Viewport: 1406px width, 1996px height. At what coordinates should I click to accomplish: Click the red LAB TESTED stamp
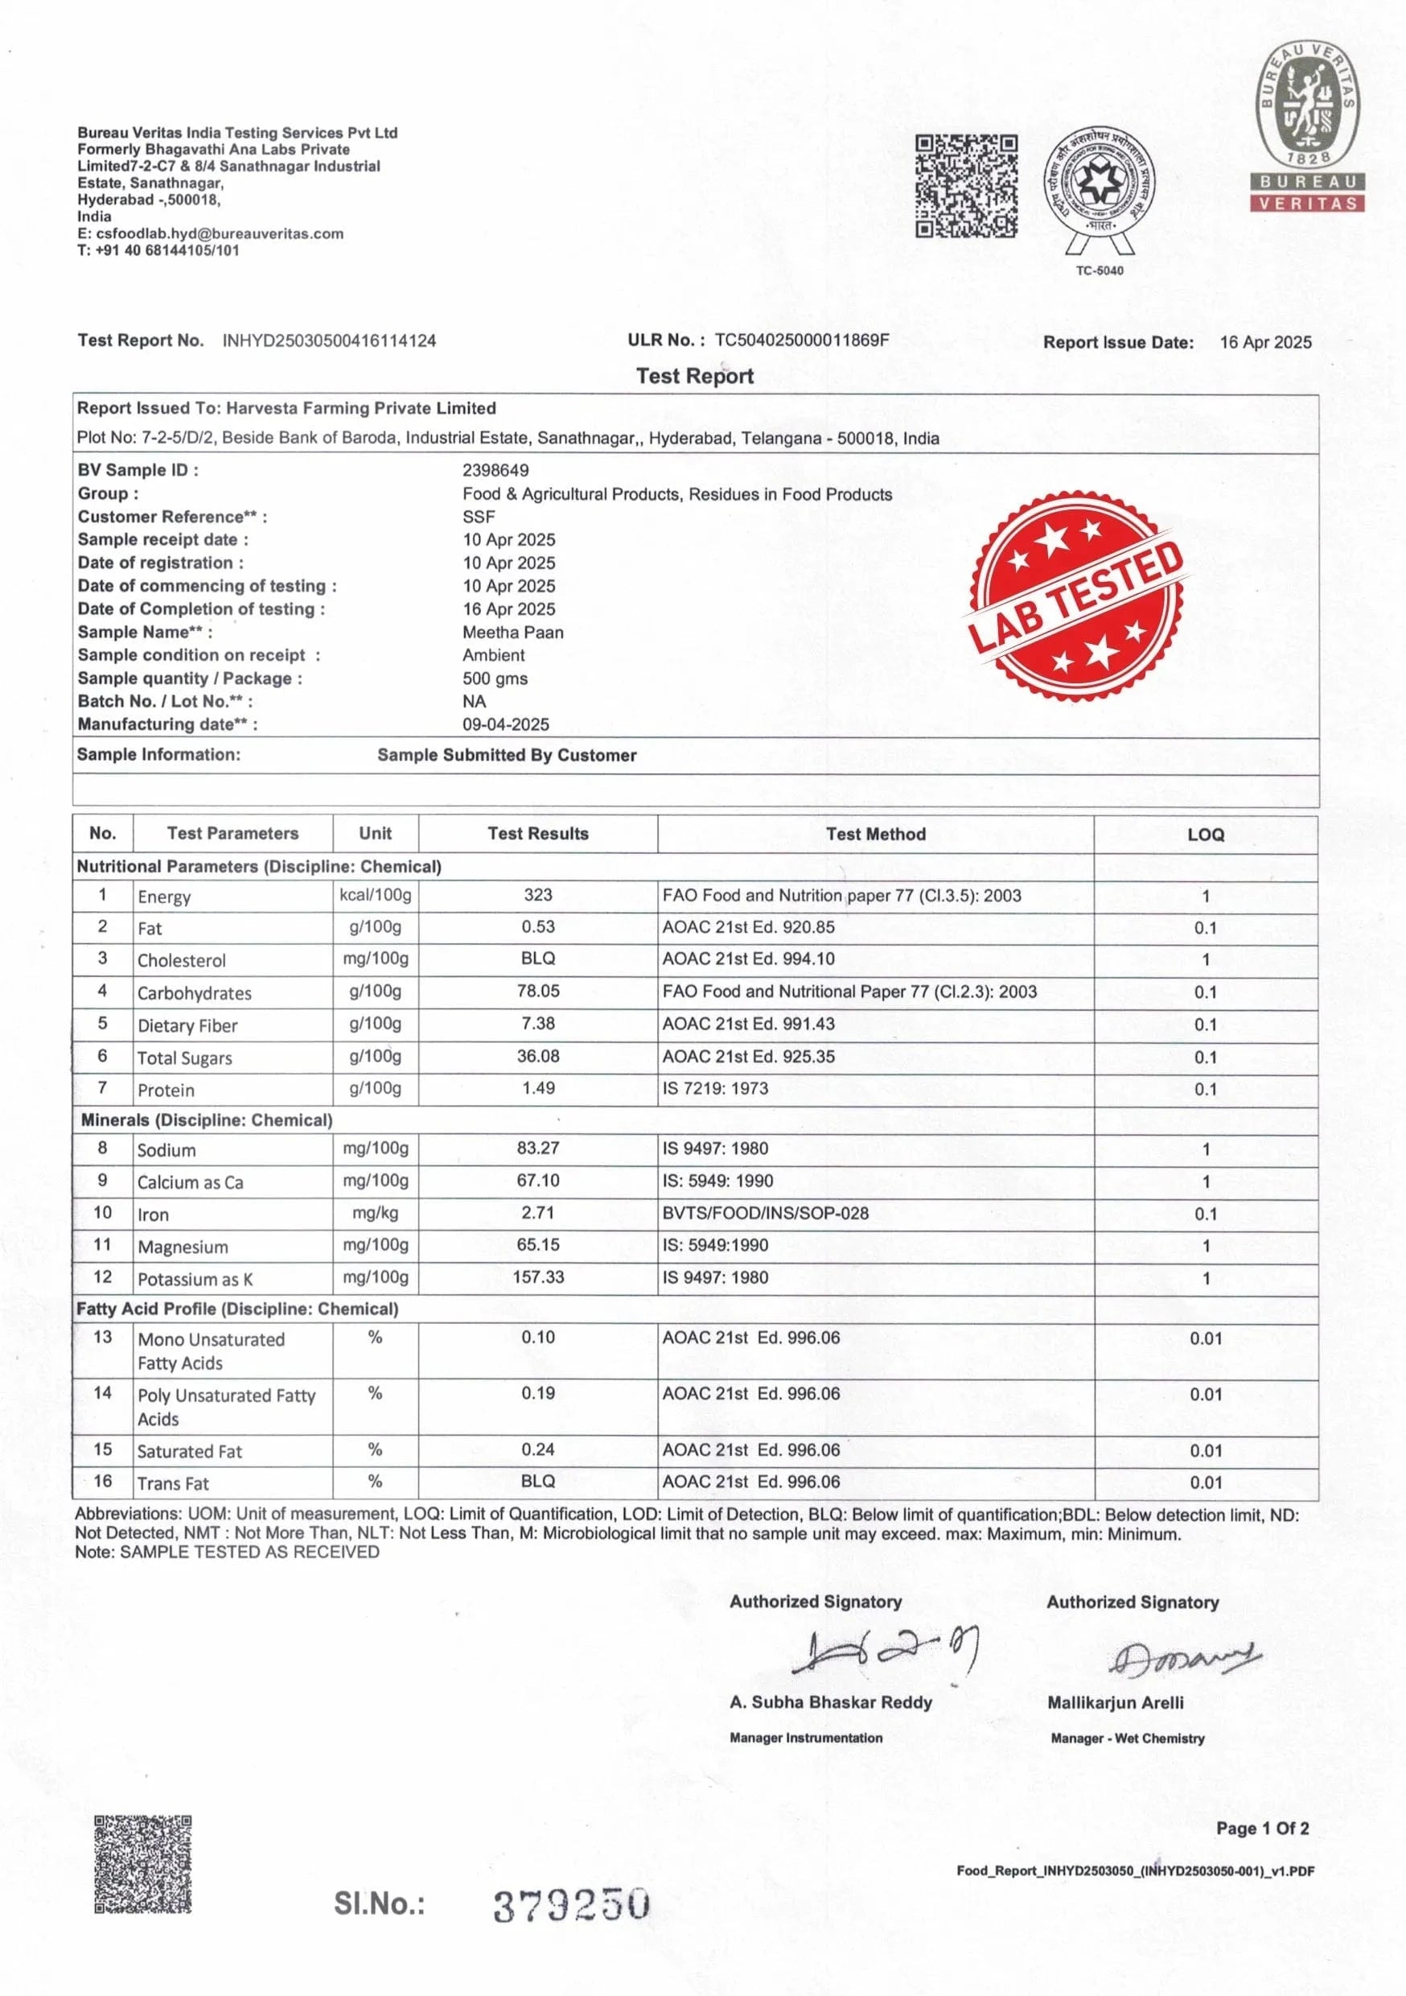[1075, 596]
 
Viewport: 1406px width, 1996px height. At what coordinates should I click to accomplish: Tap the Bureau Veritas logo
[1307, 127]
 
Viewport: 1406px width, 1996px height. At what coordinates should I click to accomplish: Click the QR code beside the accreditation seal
[966, 186]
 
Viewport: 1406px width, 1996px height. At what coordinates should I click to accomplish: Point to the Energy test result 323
[538, 894]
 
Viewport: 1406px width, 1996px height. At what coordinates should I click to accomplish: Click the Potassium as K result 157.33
[538, 1277]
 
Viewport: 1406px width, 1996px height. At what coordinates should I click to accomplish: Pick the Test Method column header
[875, 834]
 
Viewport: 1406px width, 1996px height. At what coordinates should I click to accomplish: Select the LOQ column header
[1205, 835]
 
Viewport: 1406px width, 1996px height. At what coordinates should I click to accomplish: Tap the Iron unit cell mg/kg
[376, 1213]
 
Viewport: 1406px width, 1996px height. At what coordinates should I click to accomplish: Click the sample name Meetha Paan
[512, 632]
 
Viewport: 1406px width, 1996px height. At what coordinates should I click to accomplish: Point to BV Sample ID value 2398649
[495, 470]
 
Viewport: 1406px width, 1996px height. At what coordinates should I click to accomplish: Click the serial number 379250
[571, 1905]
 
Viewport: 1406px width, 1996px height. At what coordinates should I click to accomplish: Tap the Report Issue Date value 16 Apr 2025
[1265, 343]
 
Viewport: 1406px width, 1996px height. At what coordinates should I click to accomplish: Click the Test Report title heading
[694, 376]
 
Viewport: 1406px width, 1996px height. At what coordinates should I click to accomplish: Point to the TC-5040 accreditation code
[1100, 270]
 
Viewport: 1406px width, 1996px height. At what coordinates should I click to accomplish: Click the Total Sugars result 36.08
[538, 1056]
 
